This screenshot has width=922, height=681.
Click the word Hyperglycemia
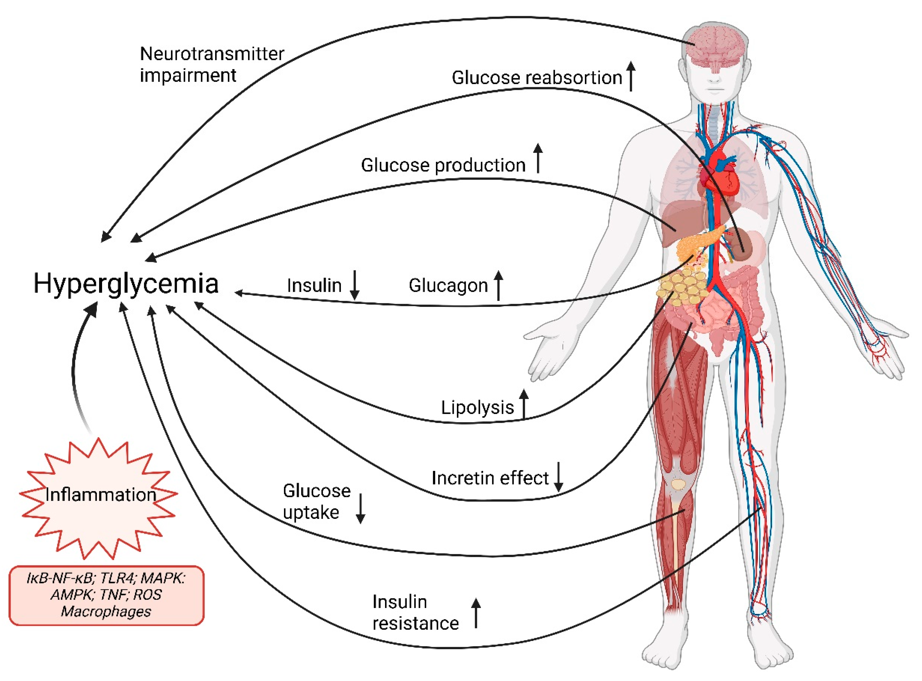tap(126, 284)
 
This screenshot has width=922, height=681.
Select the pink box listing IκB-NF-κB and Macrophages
tap(106, 595)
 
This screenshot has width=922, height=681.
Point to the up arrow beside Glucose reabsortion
tap(631, 75)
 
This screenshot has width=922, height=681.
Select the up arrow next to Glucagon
tap(499, 285)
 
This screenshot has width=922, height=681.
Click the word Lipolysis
tap(477, 408)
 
